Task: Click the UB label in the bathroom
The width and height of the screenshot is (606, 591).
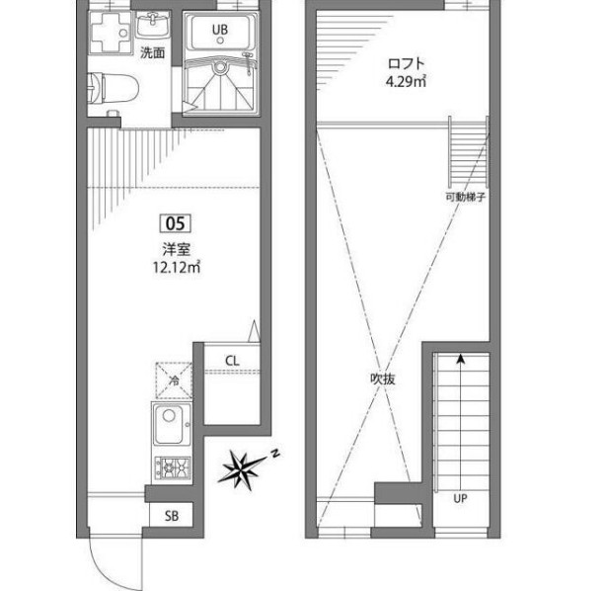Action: pyautogui.click(x=220, y=30)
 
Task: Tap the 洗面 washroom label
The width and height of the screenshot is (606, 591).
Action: pyautogui.click(x=152, y=52)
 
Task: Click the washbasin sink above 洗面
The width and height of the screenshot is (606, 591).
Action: pyautogui.click(x=153, y=25)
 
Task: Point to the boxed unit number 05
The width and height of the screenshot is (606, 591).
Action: pyautogui.click(x=176, y=223)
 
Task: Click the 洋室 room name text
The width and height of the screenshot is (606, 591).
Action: pyautogui.click(x=177, y=250)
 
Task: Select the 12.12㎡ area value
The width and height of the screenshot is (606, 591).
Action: pyautogui.click(x=177, y=267)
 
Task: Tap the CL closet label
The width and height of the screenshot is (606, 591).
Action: pyautogui.click(x=232, y=361)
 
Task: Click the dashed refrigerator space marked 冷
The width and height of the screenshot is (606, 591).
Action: pyautogui.click(x=174, y=380)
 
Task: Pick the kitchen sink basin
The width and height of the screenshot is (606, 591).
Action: pyautogui.click(x=169, y=425)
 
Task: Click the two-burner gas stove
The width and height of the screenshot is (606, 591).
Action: pyautogui.click(x=173, y=467)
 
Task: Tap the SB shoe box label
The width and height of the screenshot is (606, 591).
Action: pyautogui.click(x=172, y=516)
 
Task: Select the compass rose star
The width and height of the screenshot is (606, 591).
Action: pyautogui.click(x=242, y=469)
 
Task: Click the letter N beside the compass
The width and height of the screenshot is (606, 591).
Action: pyautogui.click(x=275, y=454)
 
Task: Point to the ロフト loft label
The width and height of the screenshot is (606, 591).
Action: pyautogui.click(x=407, y=63)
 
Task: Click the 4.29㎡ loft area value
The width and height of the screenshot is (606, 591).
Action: pyautogui.click(x=406, y=82)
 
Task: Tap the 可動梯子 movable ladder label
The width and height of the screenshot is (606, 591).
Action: pyautogui.click(x=465, y=197)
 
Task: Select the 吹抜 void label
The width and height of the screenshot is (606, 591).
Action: pyautogui.click(x=383, y=379)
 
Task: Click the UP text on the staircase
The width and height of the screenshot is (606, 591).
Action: pyautogui.click(x=460, y=498)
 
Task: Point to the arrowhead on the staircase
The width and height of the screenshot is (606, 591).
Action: pyautogui.click(x=460, y=359)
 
